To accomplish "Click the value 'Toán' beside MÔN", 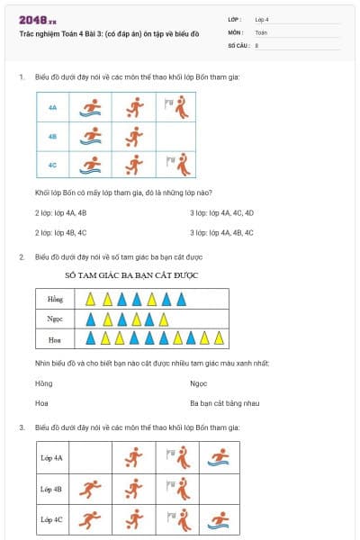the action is pos(261,31).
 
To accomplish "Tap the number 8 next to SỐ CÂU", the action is pos(256,44).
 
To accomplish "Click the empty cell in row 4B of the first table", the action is pos(176,137).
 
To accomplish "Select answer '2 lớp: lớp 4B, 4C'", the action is pos(60,232).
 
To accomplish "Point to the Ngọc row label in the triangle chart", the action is pos(55,319).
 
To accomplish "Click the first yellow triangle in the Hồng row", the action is pos(89,299).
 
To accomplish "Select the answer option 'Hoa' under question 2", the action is pos(41,403).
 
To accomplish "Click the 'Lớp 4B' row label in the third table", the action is pos(51,490).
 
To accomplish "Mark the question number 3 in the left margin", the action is pos(22,427).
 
